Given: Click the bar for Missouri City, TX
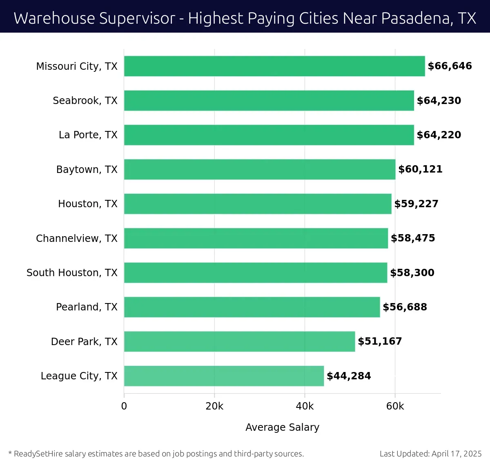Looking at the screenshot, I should [x=274, y=66].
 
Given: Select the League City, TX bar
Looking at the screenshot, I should [x=224, y=376].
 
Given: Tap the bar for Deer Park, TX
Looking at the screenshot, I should [x=239, y=341].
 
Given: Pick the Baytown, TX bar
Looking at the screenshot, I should [x=260, y=169].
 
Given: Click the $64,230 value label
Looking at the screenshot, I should [x=439, y=101].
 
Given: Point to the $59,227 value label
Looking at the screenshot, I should [x=416, y=204].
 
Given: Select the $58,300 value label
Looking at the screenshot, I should [x=412, y=273].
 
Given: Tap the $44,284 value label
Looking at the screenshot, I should [x=349, y=376].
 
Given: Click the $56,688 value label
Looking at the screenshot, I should [x=405, y=307].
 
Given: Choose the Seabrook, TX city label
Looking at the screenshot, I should [x=85, y=101].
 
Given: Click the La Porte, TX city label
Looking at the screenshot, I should [x=88, y=135].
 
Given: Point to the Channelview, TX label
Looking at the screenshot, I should [x=76, y=238].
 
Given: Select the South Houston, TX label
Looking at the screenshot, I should [x=72, y=273].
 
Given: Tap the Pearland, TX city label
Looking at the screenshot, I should [x=87, y=307].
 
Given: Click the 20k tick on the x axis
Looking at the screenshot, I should [x=214, y=406].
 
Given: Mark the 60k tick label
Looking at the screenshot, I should [x=395, y=406].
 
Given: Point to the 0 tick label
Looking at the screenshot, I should [x=124, y=406].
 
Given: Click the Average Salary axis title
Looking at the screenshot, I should [x=282, y=427].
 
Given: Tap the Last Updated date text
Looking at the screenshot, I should [x=430, y=454].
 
